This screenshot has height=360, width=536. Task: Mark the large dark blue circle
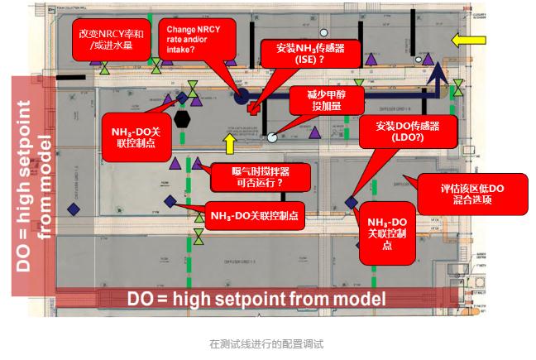[x=242, y=97]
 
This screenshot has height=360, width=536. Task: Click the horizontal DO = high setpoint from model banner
[x=256, y=298]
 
